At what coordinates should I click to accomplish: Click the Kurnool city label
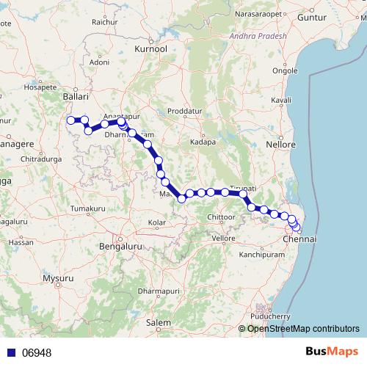[152, 48]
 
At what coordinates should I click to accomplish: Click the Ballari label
[76, 96]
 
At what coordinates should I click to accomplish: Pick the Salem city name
[158, 322]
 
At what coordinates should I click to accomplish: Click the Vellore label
[223, 239]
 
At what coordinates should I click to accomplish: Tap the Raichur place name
[105, 23]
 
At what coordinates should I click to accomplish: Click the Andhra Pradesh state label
[258, 34]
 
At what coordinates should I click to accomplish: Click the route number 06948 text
[37, 353]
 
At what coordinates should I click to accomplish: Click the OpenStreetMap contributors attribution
[303, 329]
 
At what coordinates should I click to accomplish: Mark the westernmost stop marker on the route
[71, 120]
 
